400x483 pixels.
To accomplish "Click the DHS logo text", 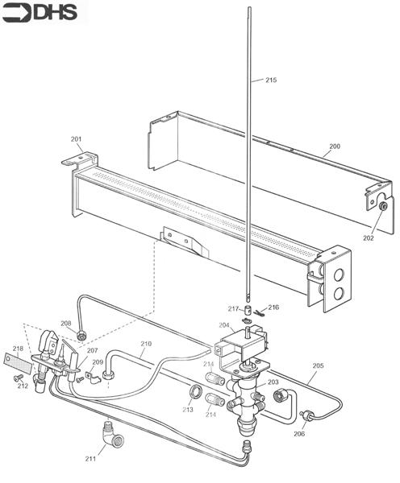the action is click(x=56, y=12).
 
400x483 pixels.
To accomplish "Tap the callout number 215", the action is click(x=271, y=80).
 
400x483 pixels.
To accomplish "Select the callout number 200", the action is click(x=335, y=146).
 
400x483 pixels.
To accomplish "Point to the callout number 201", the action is click(x=77, y=139).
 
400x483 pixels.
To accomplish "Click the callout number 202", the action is click(x=369, y=237).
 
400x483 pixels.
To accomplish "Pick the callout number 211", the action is click(x=90, y=459).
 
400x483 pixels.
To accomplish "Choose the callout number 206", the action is click(x=299, y=434).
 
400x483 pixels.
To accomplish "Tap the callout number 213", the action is click(x=188, y=410).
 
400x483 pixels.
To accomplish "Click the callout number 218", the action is click(x=18, y=349).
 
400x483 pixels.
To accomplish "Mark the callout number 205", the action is click(x=319, y=365).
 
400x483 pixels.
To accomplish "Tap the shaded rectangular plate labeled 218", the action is click(x=18, y=363).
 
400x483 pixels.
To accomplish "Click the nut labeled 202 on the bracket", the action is click(x=383, y=206).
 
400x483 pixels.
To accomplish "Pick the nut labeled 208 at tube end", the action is click(x=81, y=335).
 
